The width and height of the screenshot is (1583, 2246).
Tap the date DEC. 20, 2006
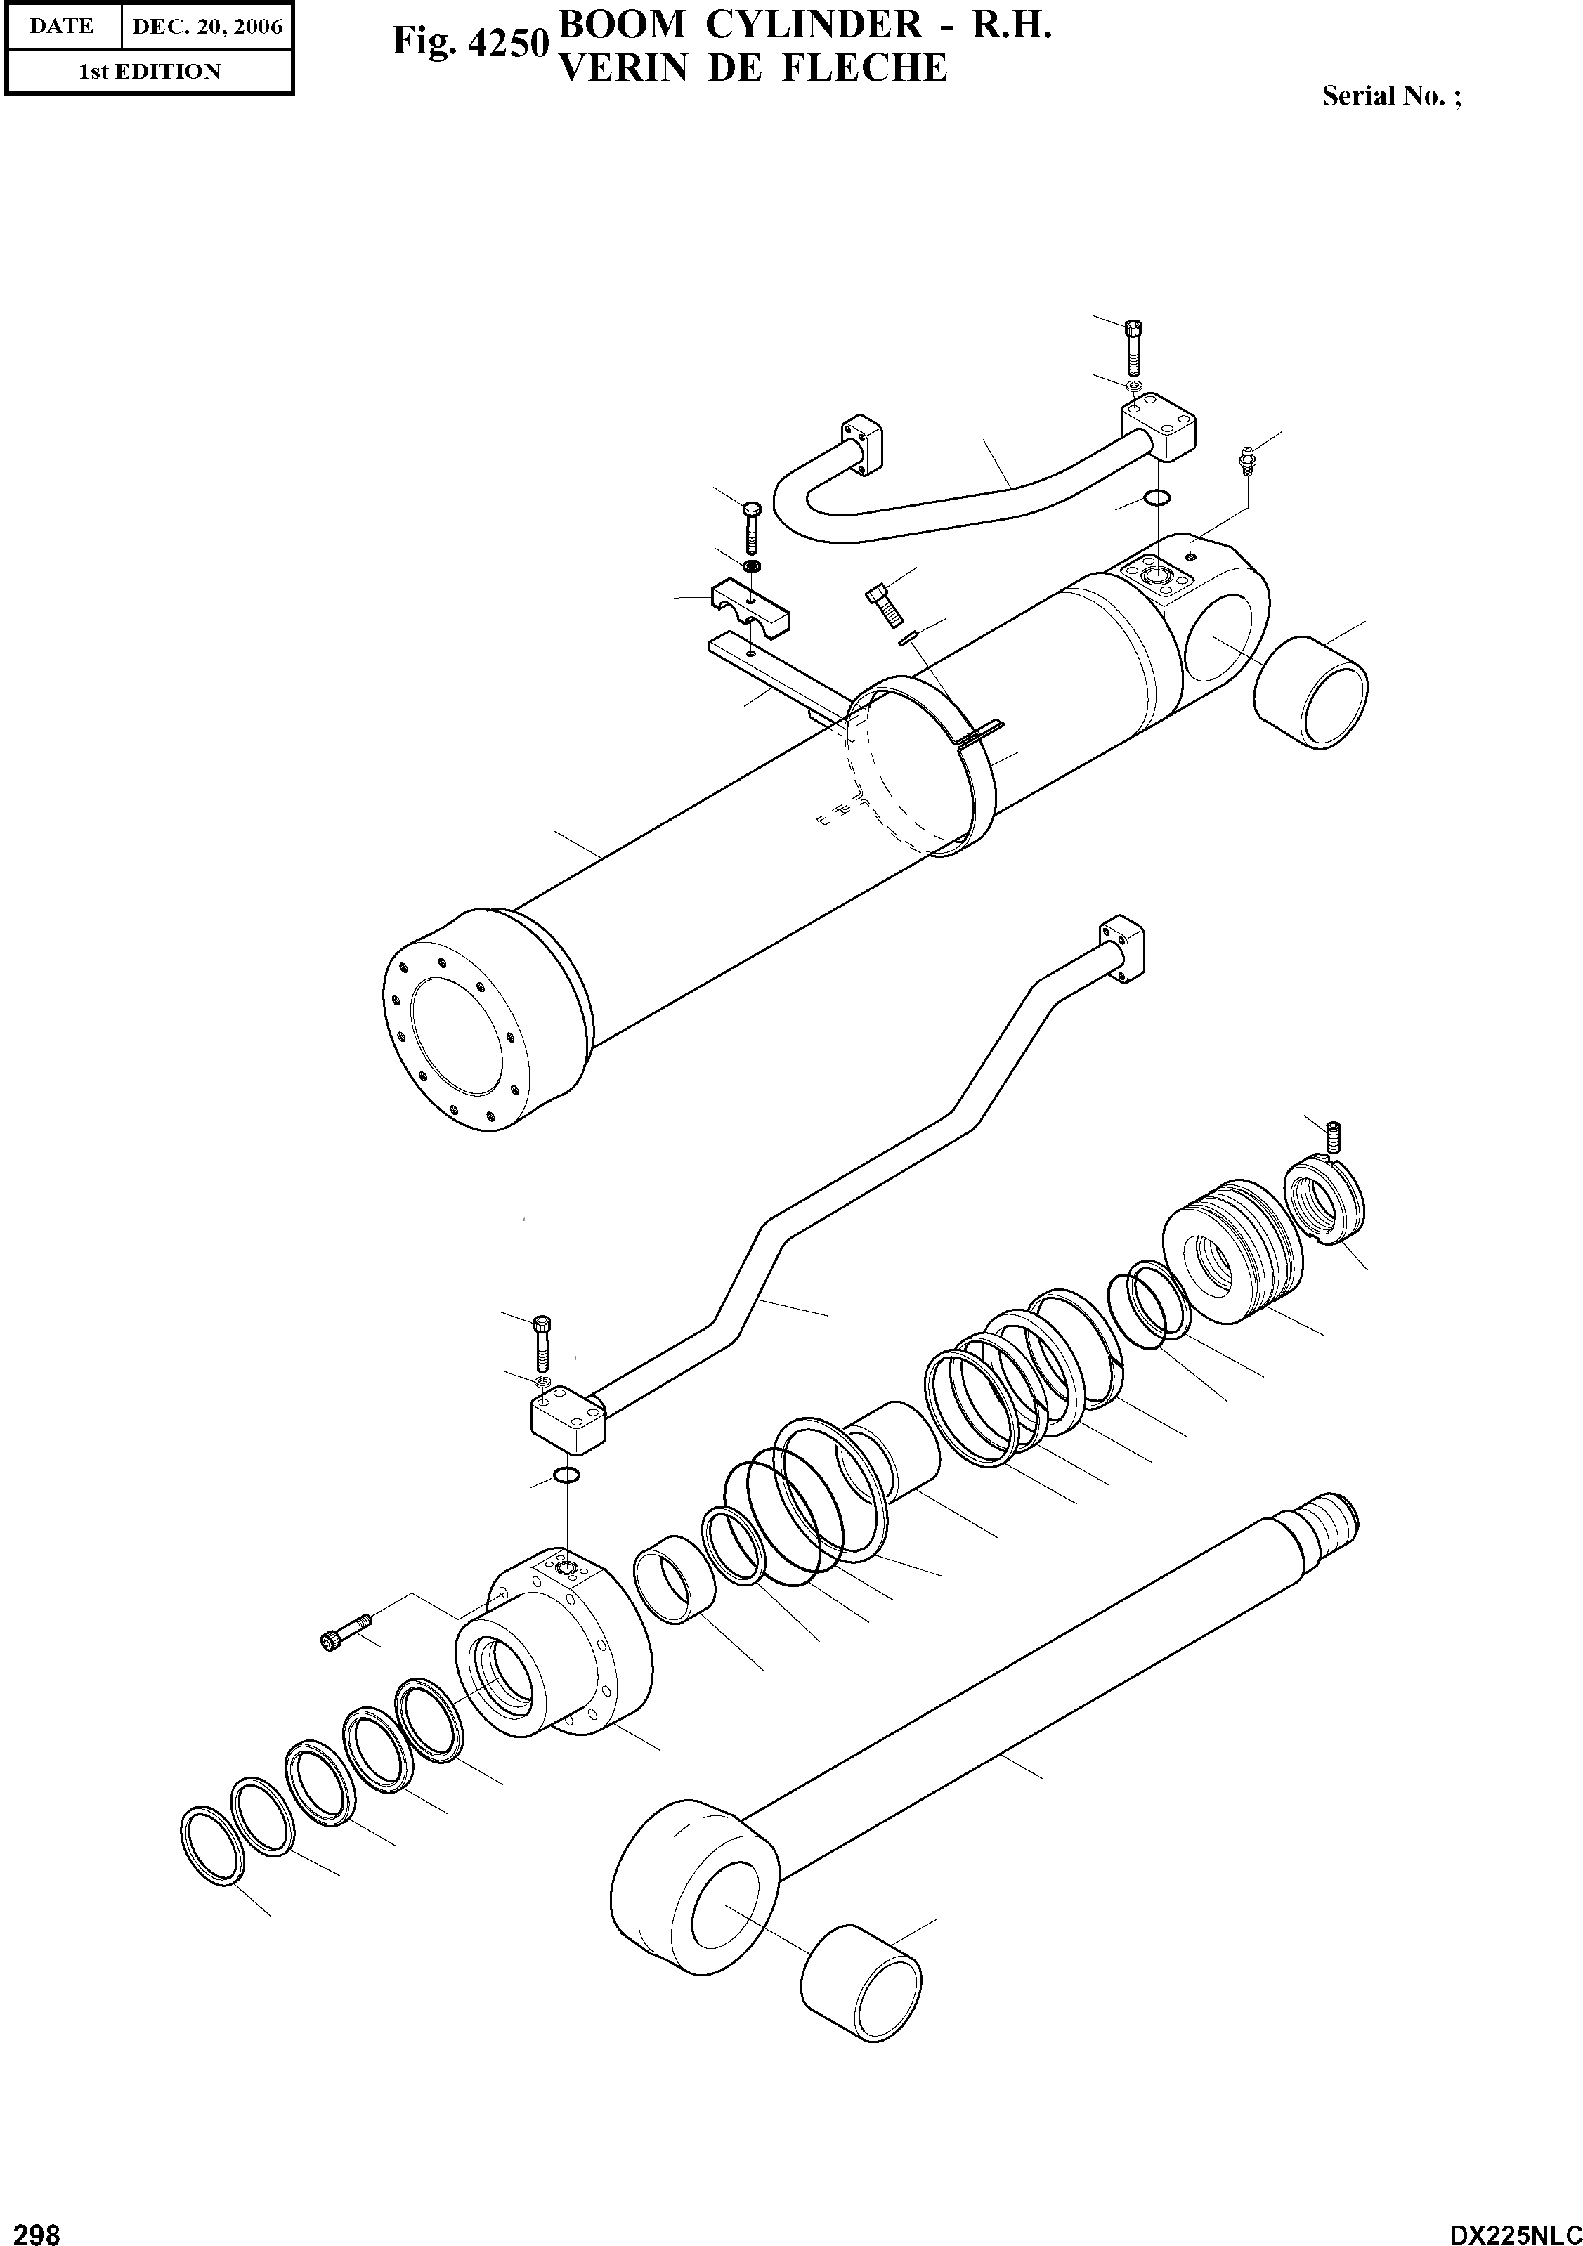pos(207,27)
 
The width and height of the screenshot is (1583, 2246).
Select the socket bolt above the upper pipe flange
pos(1134,347)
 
